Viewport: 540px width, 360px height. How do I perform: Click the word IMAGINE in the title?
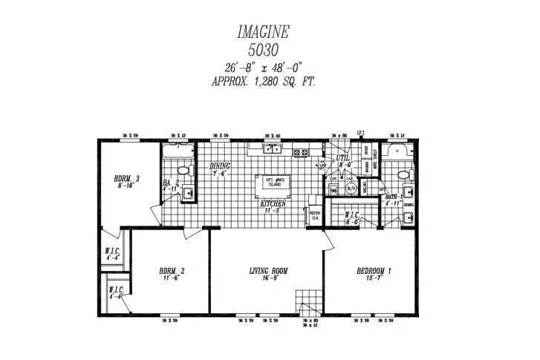click(x=263, y=32)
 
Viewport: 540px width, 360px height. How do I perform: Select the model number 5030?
click(x=263, y=50)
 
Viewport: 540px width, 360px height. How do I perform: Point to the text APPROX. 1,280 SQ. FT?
click(x=264, y=82)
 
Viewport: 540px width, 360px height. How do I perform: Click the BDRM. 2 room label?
click(x=172, y=271)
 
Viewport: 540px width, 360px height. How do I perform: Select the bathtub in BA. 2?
click(x=178, y=151)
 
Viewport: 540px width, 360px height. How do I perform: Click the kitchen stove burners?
click(x=301, y=153)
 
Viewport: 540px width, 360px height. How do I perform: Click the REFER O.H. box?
click(x=314, y=214)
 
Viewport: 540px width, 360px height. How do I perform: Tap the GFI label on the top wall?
click(x=361, y=133)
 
